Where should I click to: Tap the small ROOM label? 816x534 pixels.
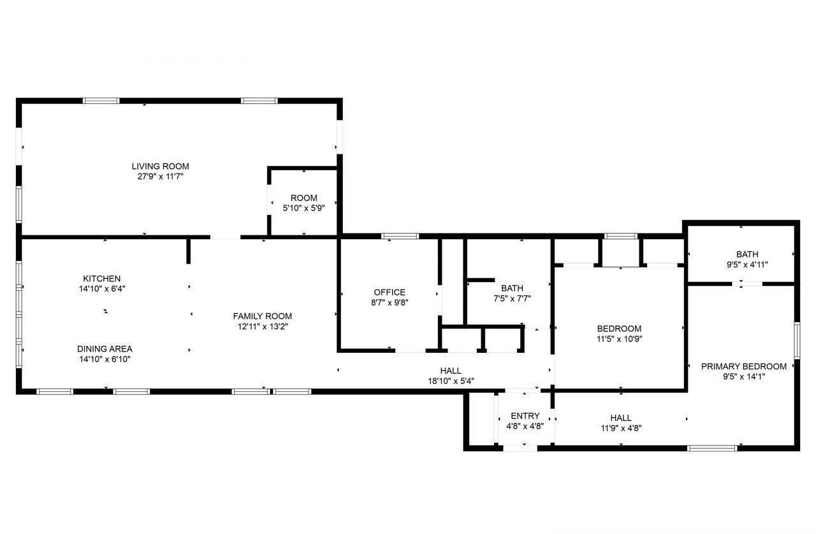[303, 198]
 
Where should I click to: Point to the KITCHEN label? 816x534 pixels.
[101, 279]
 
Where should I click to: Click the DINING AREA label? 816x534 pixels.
[105, 349]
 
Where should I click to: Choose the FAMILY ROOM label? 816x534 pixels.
[262, 316]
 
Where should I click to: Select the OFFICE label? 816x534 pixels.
[390, 292]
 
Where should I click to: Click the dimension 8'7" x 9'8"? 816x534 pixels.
[390, 302]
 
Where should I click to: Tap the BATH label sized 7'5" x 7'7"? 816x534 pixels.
[512, 288]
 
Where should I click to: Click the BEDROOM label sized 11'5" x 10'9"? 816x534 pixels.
[619, 329]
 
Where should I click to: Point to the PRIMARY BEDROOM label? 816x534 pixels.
[743, 366]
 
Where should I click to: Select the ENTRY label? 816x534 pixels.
[525, 416]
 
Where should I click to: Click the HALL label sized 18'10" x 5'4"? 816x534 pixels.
[451, 371]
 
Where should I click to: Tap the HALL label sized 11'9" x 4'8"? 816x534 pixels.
[620, 418]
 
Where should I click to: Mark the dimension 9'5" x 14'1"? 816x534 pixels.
[743, 376]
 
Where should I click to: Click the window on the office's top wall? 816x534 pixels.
[400, 237]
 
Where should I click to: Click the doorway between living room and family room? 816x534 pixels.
[225, 237]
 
